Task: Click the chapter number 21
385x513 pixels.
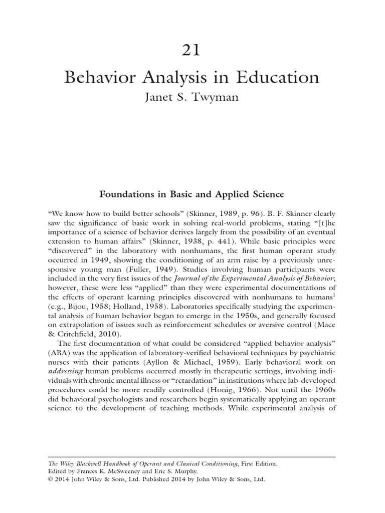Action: pyautogui.click(x=192, y=51)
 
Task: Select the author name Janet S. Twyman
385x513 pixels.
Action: pyautogui.click(x=192, y=97)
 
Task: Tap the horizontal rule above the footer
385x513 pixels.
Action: pyautogui.click(x=192, y=457)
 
